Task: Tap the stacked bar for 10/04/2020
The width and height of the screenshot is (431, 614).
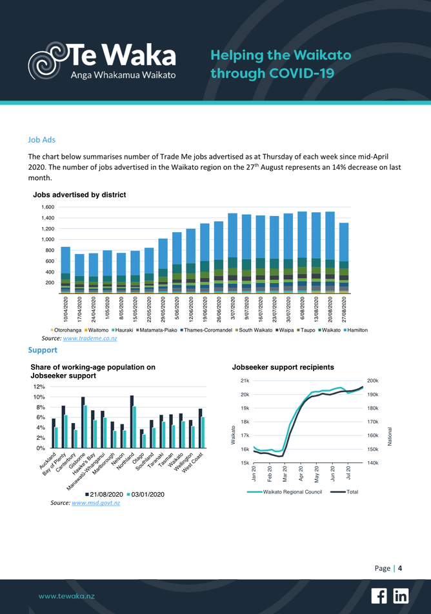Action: point(65,270)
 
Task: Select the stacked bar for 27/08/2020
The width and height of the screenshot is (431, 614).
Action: point(344,258)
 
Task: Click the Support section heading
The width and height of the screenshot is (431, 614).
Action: point(43,350)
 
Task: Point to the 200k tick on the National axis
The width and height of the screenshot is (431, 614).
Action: point(373,381)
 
